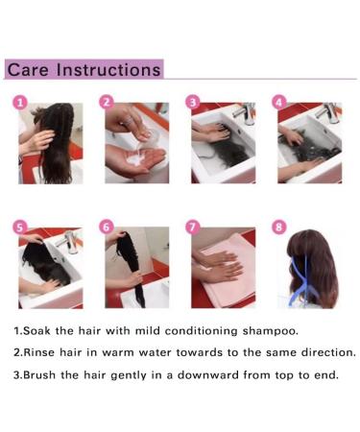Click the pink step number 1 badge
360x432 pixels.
(x=20, y=103)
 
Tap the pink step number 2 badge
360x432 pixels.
(x=107, y=103)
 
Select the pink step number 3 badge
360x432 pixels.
(x=193, y=103)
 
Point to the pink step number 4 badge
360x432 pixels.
(x=279, y=103)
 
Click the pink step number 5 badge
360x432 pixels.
(x=20, y=228)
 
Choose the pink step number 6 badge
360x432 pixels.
(x=107, y=228)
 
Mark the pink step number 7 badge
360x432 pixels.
(x=193, y=228)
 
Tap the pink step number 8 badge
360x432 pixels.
(x=279, y=228)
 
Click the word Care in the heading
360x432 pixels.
(x=28, y=70)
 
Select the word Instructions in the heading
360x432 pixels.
(x=108, y=70)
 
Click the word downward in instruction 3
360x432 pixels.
(x=207, y=374)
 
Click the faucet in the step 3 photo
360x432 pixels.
(x=245, y=112)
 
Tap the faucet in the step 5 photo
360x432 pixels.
(x=67, y=242)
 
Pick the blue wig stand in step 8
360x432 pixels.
(x=300, y=281)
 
